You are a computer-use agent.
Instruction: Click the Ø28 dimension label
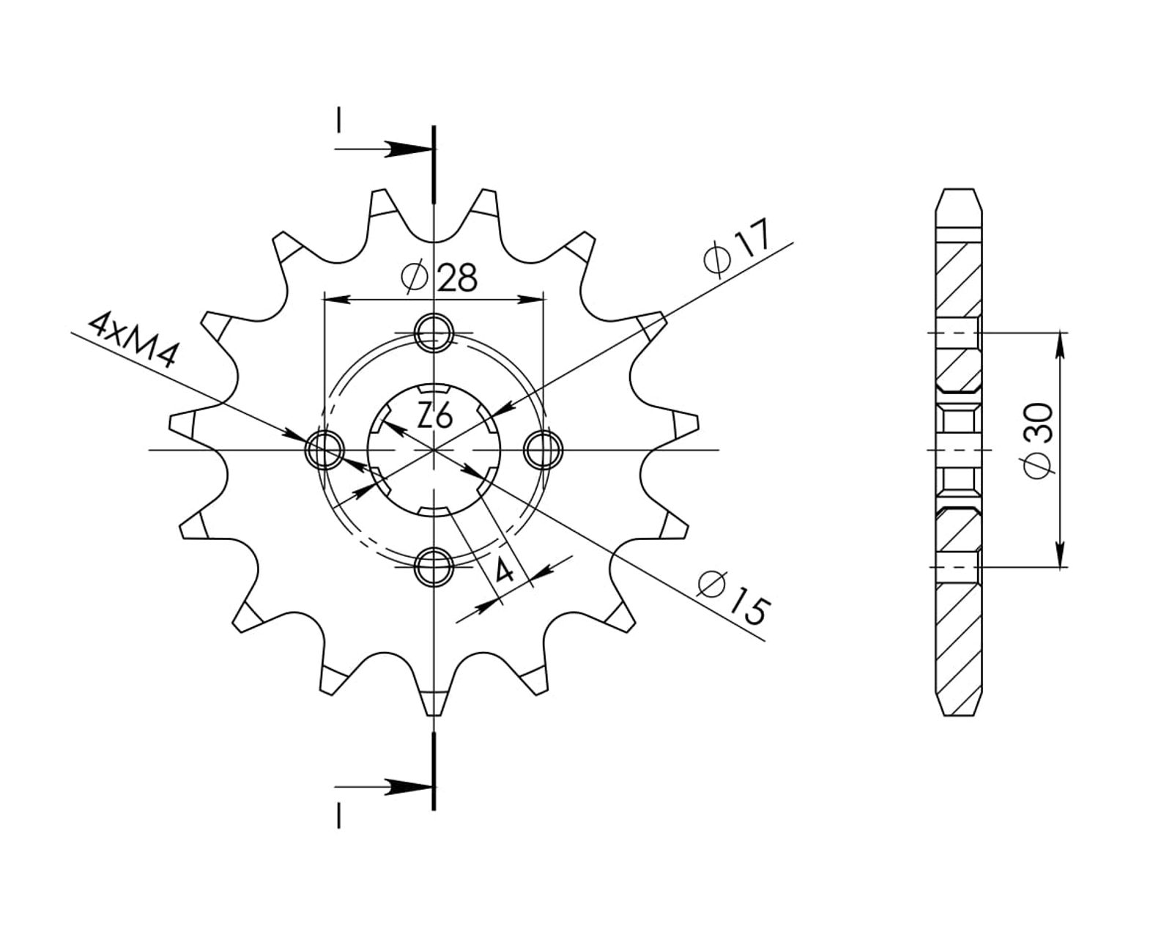coord(439,277)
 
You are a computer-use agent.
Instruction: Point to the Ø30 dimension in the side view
coord(1037,441)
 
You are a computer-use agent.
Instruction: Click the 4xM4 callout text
coord(133,340)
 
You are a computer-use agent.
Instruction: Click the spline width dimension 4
coord(504,571)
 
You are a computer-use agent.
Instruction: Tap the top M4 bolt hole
coord(434,332)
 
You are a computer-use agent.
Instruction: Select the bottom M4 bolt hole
coord(434,567)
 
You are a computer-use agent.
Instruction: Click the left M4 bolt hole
coord(324,449)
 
